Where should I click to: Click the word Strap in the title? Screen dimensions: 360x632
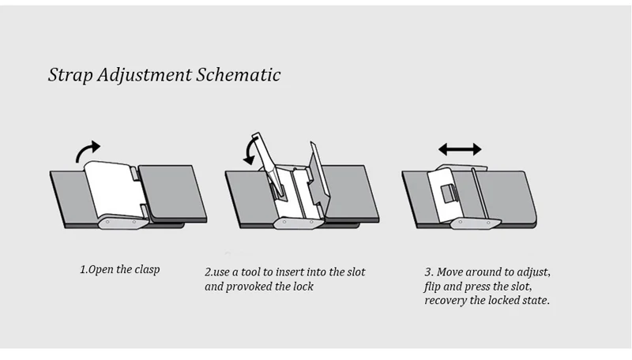point(70,76)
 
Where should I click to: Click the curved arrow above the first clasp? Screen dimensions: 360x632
point(89,151)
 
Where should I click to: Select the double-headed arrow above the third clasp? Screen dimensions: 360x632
point(460,148)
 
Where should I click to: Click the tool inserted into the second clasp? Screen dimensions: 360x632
point(265,158)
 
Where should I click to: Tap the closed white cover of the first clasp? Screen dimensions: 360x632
point(113,189)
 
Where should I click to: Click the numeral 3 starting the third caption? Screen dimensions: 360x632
point(427,272)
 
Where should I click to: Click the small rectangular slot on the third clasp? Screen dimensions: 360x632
point(447,193)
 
